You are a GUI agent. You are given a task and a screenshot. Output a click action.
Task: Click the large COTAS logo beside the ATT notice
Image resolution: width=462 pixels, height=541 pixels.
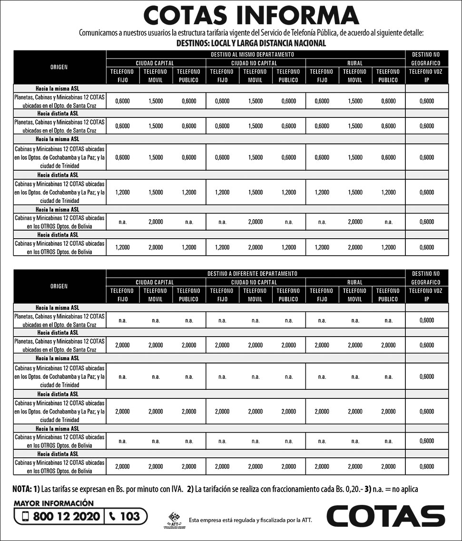(x=385, y=516)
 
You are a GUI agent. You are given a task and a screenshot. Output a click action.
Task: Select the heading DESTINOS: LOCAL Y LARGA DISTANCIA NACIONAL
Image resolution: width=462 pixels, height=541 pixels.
(x=251, y=43)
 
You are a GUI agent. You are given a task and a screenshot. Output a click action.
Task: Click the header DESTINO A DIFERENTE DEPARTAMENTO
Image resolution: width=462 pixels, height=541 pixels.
(x=252, y=274)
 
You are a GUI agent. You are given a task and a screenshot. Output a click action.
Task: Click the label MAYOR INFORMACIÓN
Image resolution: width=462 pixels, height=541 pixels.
(x=53, y=503)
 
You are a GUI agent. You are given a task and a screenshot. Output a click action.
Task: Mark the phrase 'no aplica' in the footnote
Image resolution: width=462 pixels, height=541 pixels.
(x=404, y=489)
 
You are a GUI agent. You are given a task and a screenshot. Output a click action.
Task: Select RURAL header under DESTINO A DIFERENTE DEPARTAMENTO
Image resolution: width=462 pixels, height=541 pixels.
(x=355, y=282)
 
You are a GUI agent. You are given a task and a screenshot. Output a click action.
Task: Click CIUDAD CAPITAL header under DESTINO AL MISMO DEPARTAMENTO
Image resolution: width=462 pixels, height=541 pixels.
(x=155, y=63)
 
